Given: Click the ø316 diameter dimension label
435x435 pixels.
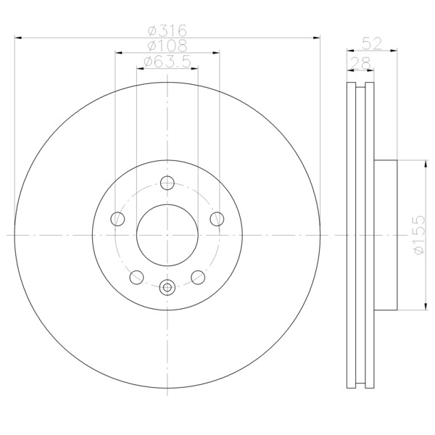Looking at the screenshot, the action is point(167,30).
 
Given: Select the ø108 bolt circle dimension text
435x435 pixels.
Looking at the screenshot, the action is point(167,46).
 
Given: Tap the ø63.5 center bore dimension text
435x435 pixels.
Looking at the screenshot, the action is point(167,62).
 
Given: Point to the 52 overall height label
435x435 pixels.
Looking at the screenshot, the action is point(372,43).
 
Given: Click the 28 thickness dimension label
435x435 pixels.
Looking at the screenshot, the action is point(360,63).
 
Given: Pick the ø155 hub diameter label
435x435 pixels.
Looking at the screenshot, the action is point(419,235).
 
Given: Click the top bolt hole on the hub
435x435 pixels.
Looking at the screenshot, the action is point(167,183).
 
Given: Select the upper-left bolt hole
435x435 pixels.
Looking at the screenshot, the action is point(117,219).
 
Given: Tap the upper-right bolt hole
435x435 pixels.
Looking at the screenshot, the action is point(217,219).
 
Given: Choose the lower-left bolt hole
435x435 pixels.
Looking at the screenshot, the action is point(136,277).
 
